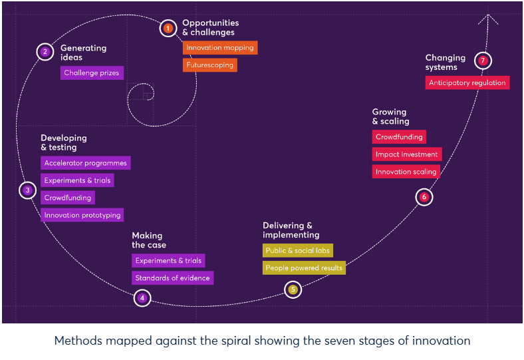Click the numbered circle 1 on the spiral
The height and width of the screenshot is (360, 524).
tap(168, 28)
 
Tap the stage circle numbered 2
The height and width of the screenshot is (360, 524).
tap(45, 52)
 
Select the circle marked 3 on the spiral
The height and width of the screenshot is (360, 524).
tap(27, 190)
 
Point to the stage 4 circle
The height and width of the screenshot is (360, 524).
tap(142, 298)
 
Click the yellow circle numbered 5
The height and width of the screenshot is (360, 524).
tap(293, 289)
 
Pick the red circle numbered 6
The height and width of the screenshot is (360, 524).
tap(424, 197)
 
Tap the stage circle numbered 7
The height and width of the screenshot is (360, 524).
tap(483, 61)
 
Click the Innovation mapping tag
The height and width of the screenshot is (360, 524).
tap(219, 48)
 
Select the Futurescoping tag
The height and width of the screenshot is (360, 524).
tap(209, 65)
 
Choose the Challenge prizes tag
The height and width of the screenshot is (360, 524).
tap(92, 73)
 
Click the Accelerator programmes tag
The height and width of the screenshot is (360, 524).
tap(85, 163)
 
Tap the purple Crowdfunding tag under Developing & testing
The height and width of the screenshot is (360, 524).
tap(68, 198)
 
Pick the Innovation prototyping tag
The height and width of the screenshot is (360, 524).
tap(82, 215)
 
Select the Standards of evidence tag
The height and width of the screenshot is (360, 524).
tap(172, 278)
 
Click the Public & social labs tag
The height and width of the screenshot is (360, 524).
tap(298, 251)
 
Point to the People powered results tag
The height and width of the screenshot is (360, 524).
tap(304, 268)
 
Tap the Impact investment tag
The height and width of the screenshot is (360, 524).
tap(406, 154)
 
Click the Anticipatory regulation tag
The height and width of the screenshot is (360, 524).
tap(467, 83)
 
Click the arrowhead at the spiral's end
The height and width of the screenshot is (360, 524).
tap(489, 18)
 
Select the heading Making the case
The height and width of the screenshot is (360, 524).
tap(149, 240)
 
